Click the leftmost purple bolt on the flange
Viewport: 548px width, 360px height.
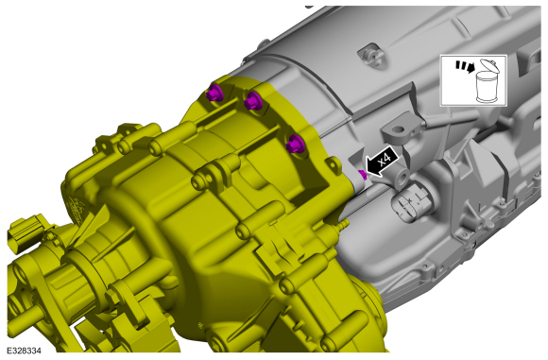tap(214, 93)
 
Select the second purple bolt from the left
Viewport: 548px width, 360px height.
tap(252, 101)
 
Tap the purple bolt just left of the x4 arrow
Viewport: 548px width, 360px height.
tap(363, 175)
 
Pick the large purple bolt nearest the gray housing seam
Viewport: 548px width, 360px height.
tap(295, 144)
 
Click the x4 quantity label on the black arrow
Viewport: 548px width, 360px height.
tap(385, 160)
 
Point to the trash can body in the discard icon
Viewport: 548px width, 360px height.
tap(487, 86)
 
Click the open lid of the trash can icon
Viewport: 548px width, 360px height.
tap(488, 65)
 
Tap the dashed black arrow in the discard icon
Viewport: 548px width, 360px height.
tap(465, 67)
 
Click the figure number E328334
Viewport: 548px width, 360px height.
tap(24, 351)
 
